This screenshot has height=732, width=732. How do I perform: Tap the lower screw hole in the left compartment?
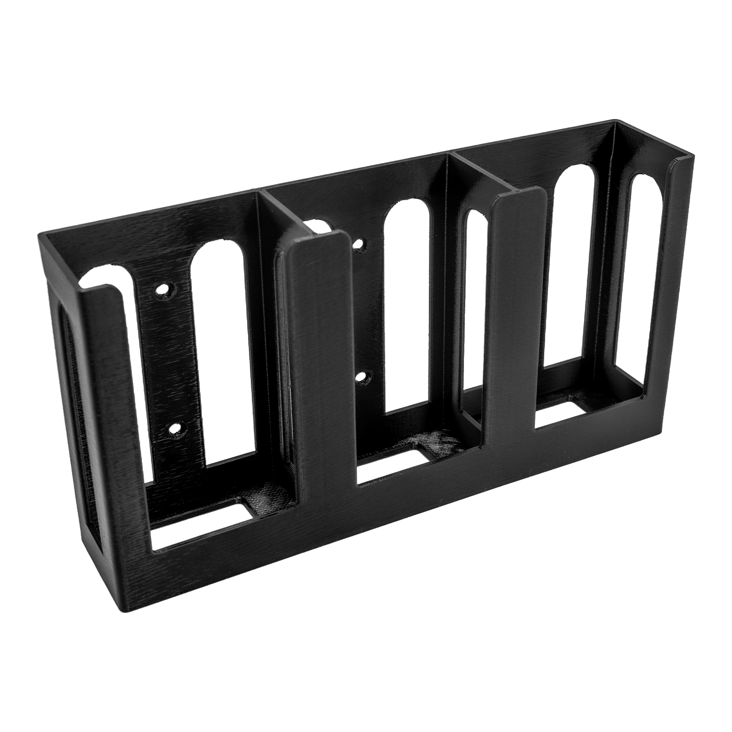[x=174, y=428]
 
